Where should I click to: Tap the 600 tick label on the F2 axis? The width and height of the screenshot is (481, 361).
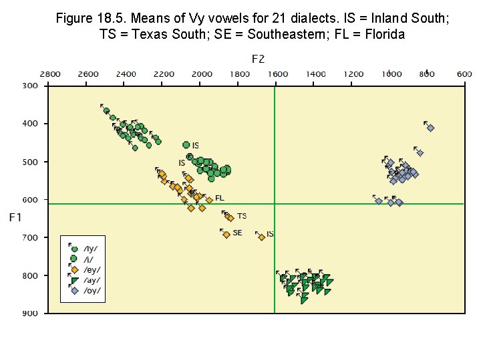tap(464, 74)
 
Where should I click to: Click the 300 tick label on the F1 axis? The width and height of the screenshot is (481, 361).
tap(31, 86)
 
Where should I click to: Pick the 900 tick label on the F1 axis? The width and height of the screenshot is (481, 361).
tap(31, 313)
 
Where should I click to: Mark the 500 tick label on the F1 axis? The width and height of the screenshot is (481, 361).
tap(31, 161)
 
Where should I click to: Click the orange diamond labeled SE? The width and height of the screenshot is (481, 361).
tap(226, 235)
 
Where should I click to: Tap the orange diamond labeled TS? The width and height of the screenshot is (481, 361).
tap(230, 218)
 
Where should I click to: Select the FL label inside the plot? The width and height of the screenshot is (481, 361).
tap(220, 199)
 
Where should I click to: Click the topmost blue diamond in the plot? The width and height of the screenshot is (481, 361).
tap(431, 128)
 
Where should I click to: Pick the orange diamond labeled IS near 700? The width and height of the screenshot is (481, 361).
tap(262, 237)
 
